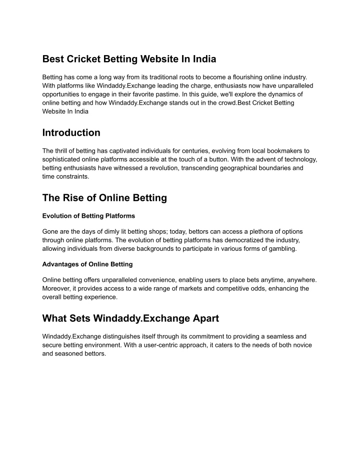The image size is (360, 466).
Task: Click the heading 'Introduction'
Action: pos(71,133)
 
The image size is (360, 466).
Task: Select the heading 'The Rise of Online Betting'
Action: pos(104,198)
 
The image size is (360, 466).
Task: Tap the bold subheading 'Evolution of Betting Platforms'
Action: pos(89,216)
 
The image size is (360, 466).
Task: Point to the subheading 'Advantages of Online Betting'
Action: pos(87,264)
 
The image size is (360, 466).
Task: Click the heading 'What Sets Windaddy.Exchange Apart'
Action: pos(130,318)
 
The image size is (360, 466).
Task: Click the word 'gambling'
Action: pos(282,249)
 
